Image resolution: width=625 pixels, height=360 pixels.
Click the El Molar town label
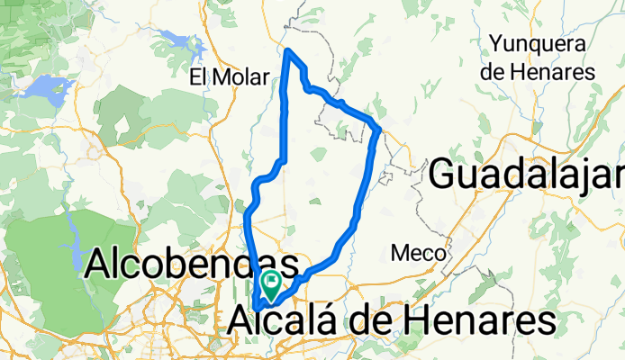tap(230, 77)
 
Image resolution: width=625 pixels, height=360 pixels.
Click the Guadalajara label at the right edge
tap(527, 174)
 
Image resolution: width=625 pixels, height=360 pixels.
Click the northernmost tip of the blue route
tap(287, 50)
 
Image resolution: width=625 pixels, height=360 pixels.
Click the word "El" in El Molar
tap(199, 77)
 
